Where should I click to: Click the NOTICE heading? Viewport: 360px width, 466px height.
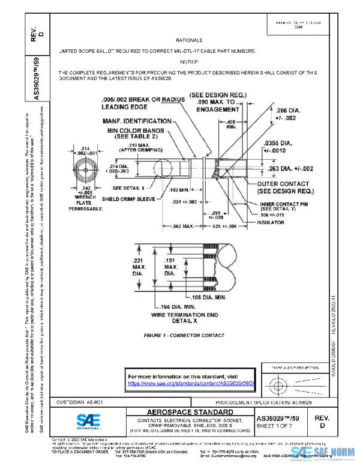pos(188,62)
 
